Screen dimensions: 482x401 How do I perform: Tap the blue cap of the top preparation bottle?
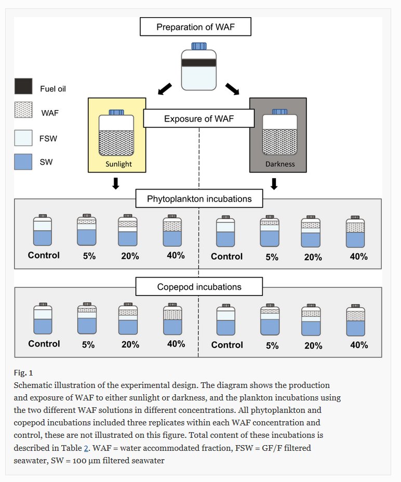(x=199, y=47)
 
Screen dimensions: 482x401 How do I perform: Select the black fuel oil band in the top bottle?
(x=199, y=62)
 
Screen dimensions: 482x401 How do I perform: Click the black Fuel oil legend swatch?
(x=23, y=86)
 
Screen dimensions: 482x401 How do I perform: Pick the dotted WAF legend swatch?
(x=23, y=111)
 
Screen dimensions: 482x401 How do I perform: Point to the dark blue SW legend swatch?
(x=23, y=162)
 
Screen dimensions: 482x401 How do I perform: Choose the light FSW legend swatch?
(x=23, y=138)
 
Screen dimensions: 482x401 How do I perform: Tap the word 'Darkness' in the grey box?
(x=279, y=164)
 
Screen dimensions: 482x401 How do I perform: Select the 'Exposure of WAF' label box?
(x=199, y=119)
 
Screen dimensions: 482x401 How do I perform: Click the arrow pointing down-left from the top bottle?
(x=164, y=89)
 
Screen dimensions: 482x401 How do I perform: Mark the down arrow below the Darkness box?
(x=274, y=184)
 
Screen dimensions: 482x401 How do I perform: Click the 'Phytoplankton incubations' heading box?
(x=199, y=199)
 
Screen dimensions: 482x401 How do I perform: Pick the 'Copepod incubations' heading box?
(x=199, y=287)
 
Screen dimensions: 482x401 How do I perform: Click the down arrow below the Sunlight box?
(x=116, y=184)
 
